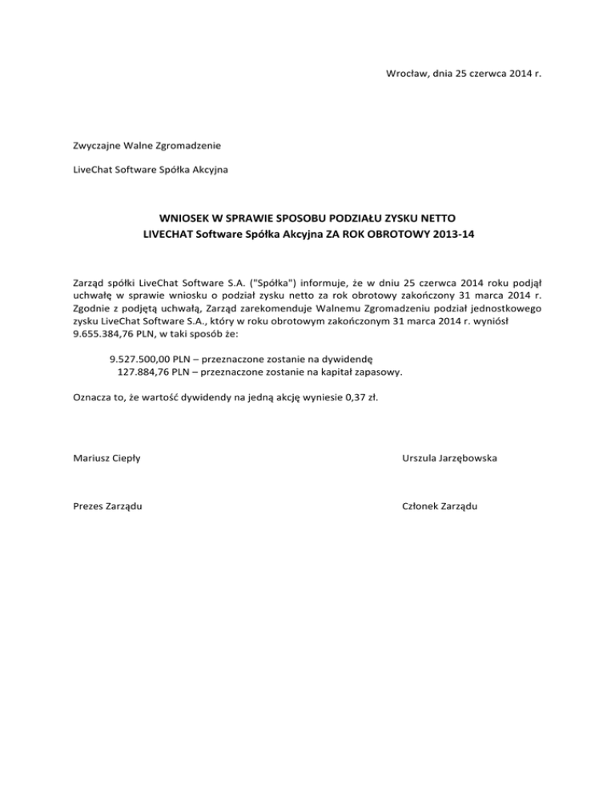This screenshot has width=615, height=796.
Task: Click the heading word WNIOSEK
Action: pos(187,218)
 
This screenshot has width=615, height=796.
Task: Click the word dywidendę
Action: pos(344,359)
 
